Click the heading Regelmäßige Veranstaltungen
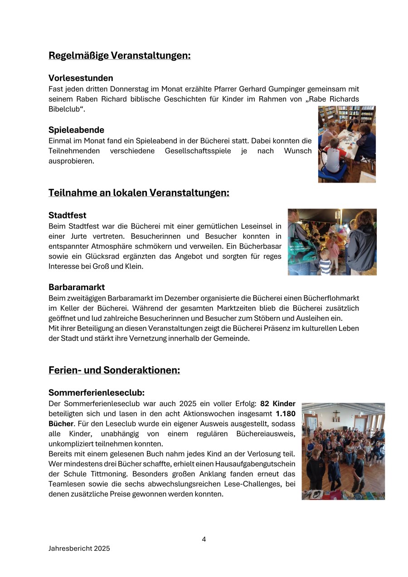(119, 56)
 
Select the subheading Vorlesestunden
(81, 78)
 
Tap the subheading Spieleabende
(76, 130)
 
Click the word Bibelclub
(65, 109)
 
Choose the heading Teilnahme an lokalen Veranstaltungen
(139, 193)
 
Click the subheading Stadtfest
(67, 215)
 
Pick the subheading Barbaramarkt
(77, 287)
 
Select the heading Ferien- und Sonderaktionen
(114, 370)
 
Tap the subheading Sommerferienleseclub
(96, 393)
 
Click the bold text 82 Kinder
(278, 403)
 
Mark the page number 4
(204, 539)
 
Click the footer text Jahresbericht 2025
(79, 548)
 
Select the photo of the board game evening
(347, 144)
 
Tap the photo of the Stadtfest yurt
(332, 242)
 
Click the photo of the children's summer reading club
(343, 451)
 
